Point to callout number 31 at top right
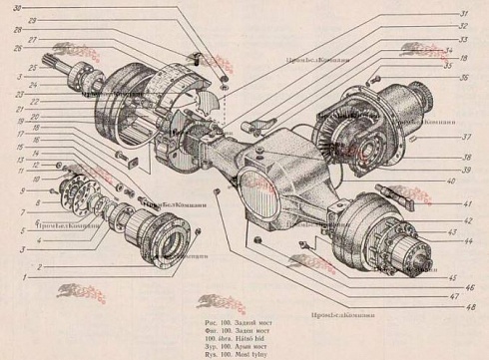click(463, 14)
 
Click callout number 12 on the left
click(32, 165)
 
